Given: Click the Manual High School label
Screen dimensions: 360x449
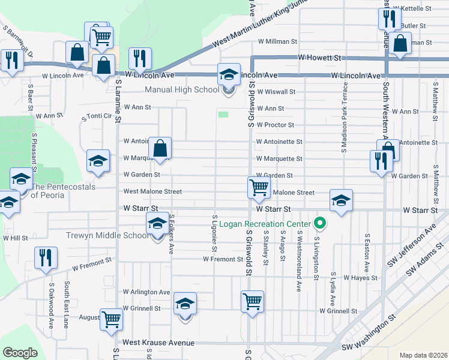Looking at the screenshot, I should [x=182, y=90].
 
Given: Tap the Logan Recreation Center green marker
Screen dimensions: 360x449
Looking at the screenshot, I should [x=320, y=224].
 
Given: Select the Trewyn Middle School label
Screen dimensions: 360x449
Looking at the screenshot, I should [x=107, y=235].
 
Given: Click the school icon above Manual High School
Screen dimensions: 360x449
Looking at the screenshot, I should [x=228, y=74].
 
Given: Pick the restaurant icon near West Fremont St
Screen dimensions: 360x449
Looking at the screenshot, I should [x=45, y=257].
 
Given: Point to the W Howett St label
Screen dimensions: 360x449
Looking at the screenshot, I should [x=319, y=58].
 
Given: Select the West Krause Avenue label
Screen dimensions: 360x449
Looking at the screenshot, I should [x=158, y=343].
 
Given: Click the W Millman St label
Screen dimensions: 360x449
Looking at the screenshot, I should [x=277, y=42].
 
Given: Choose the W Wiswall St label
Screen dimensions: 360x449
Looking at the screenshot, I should [x=275, y=92].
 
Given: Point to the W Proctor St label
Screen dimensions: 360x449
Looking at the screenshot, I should [x=275, y=125].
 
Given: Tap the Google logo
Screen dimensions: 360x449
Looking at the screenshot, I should [x=20, y=353].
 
